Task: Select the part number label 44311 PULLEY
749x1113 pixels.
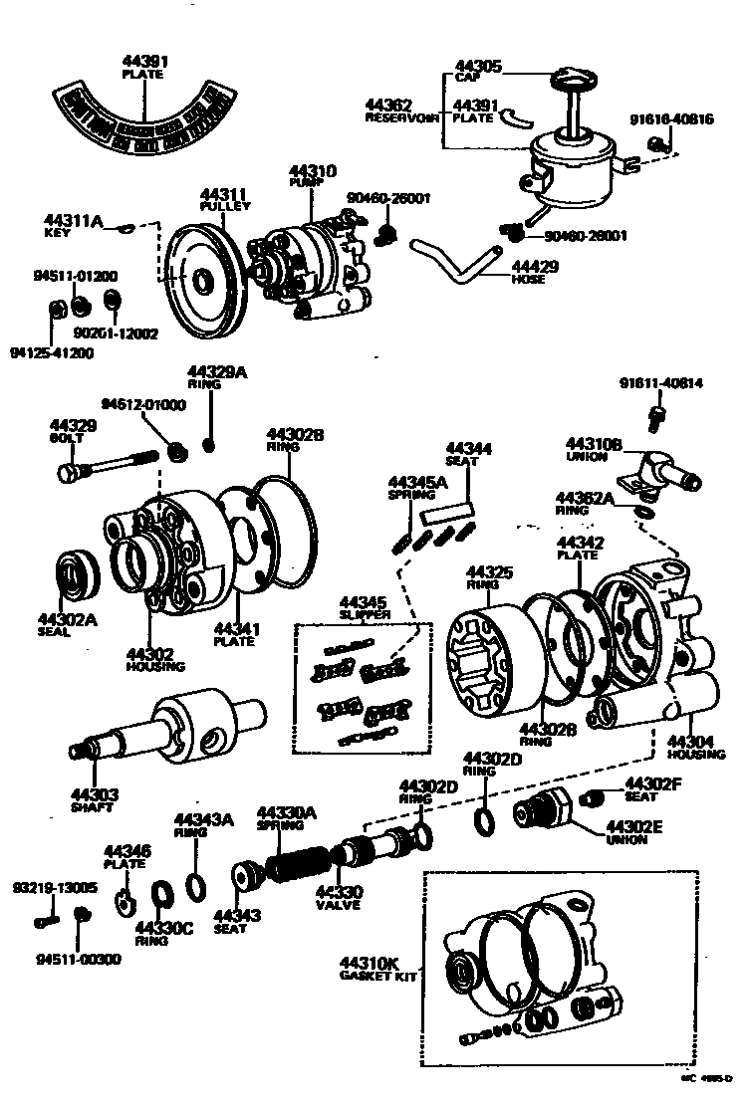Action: [224, 199]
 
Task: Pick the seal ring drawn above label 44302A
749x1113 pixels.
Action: [74, 576]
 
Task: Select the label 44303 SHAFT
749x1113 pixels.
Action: [94, 800]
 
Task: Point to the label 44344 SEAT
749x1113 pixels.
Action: [468, 454]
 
